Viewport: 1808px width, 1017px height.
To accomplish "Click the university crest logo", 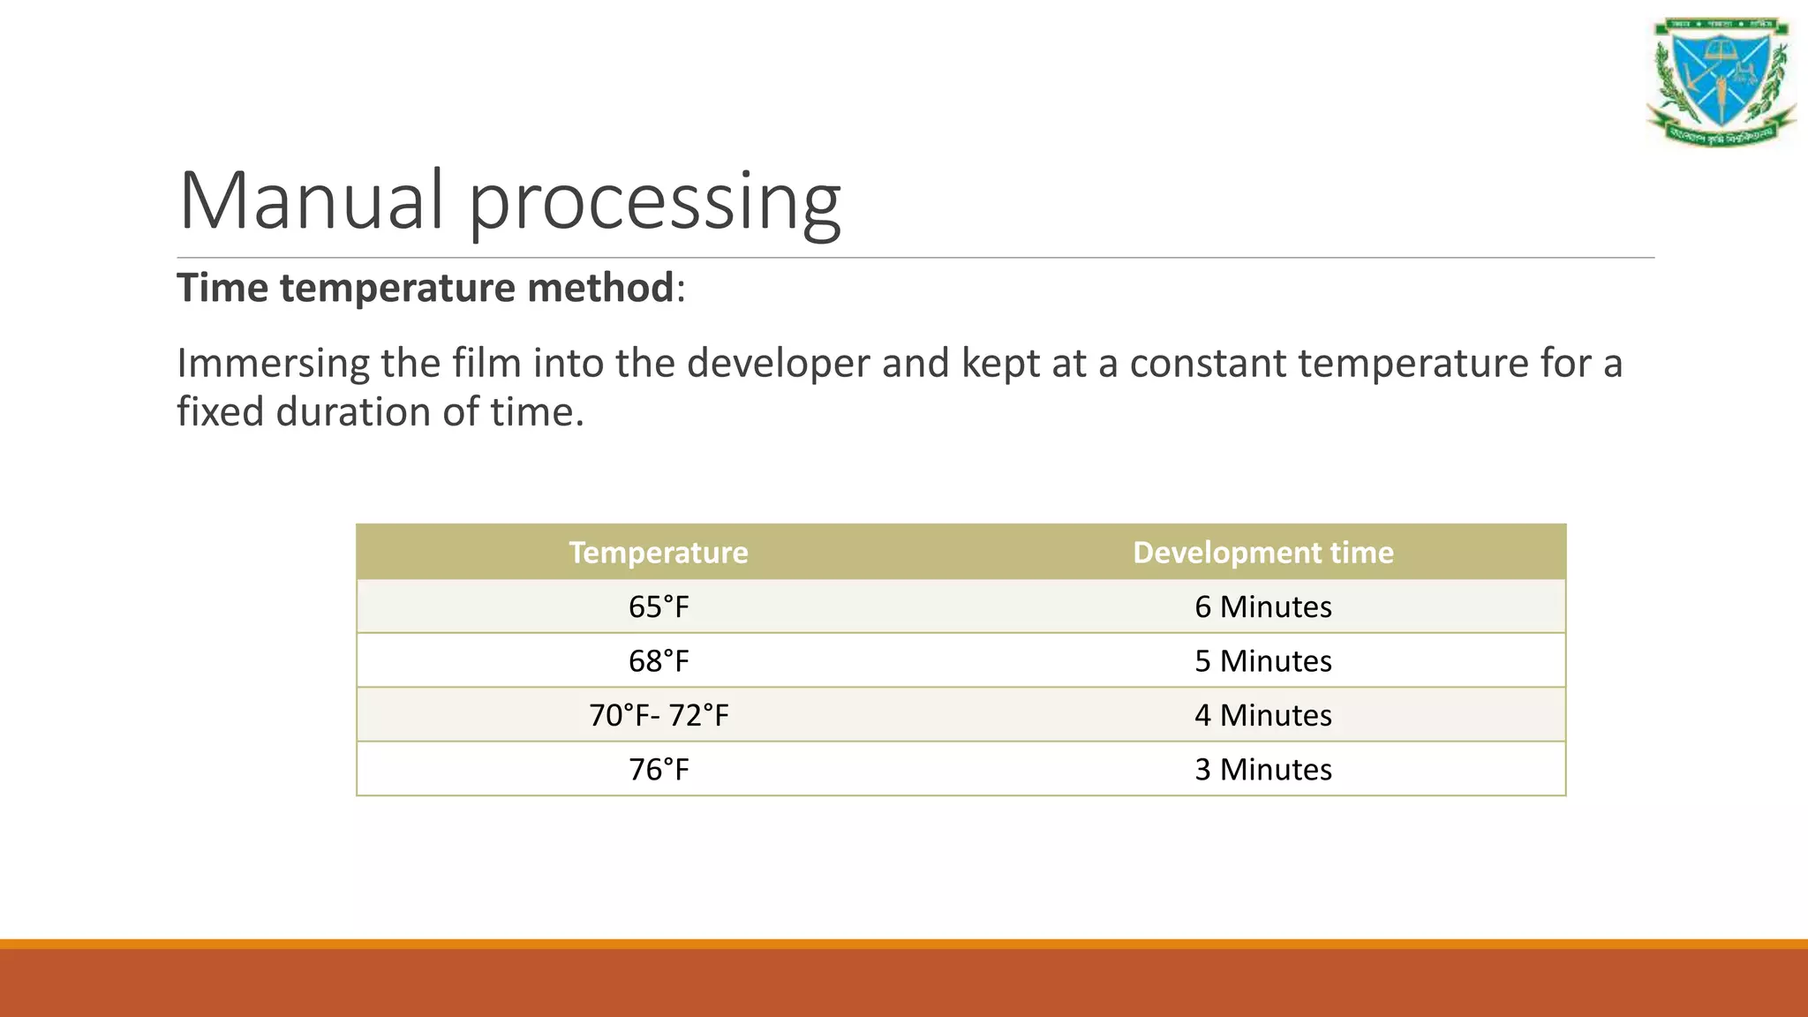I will [1721, 81].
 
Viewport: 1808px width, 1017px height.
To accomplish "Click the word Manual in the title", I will [311, 200].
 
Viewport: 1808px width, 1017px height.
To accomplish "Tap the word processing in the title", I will [654, 203].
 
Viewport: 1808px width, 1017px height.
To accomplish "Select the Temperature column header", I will [659, 553].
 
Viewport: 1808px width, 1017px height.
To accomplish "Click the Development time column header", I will [1263, 553].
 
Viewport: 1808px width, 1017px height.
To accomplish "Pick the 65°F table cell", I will [659, 607].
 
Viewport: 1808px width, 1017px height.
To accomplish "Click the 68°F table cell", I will [659, 661].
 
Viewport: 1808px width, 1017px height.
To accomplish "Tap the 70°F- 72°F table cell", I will [659, 715].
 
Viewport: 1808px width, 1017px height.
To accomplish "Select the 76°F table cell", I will [659, 770].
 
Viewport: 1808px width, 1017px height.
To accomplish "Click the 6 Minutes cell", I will [1263, 607].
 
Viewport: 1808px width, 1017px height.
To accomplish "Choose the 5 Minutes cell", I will [1263, 661].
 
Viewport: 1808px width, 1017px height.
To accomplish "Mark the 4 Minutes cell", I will [1263, 715].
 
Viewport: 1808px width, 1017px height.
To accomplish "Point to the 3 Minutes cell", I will [1263, 770].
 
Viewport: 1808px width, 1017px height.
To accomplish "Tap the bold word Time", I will [222, 288].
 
